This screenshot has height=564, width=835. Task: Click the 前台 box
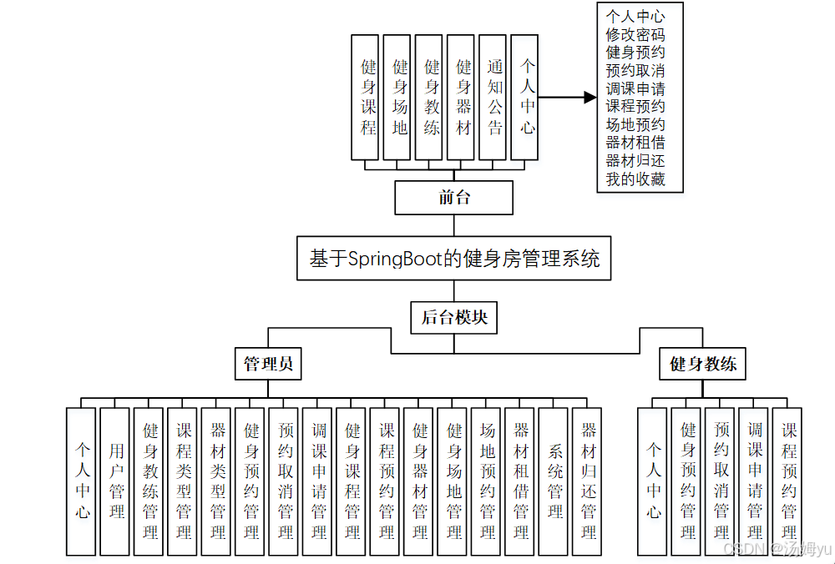pos(454,198)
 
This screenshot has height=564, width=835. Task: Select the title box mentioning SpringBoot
pos(454,259)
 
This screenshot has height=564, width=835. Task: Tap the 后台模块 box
pos(454,317)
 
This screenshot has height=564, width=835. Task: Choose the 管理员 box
pos(267,365)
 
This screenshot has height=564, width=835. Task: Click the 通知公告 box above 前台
pos(495,97)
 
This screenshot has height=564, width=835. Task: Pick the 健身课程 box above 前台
pos(368,97)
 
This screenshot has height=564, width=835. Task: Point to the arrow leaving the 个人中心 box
pos(567,98)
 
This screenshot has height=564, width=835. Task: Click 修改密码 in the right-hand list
pos(635,34)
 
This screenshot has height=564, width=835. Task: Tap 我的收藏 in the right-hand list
pos(635,179)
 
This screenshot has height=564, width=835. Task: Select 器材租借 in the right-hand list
pos(635,143)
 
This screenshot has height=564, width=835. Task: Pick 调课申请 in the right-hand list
pos(635,88)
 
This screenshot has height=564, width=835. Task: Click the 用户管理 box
pos(115,481)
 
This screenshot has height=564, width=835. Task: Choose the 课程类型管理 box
pos(183,481)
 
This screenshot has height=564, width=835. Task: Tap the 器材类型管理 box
pos(217,481)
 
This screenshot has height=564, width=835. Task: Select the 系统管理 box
pos(555,481)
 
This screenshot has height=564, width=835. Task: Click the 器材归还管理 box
pos(589,481)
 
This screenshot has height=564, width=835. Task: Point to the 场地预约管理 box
pos(488,481)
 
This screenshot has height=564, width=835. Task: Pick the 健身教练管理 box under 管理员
pos(149,481)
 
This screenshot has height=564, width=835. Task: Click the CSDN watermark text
pos(777,548)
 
